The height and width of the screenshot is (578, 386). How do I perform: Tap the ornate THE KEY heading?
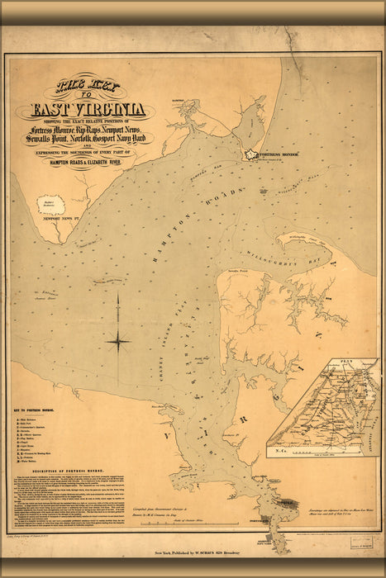coord(88,86)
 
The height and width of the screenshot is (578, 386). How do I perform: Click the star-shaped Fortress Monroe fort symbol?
coord(251,154)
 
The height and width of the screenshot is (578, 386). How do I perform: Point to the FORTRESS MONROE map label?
coord(285,154)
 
